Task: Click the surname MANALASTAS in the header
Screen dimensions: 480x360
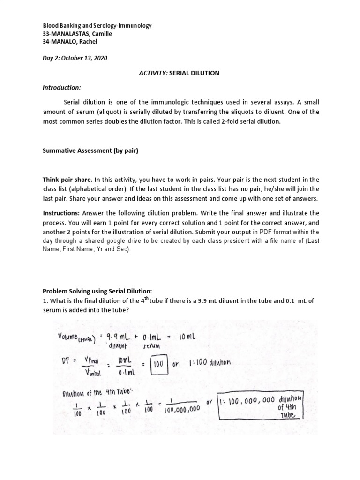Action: click(70, 34)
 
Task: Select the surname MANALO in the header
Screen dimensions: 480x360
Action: click(65, 42)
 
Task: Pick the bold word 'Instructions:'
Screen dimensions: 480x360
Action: click(62, 213)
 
